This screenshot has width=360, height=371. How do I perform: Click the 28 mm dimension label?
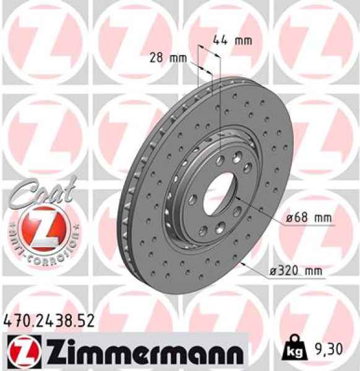coord(168,58)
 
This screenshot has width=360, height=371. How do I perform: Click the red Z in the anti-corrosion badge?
coord(41,223)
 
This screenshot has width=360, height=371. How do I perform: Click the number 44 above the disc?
coord(220,41)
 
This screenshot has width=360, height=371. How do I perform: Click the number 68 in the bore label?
coord(299,218)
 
